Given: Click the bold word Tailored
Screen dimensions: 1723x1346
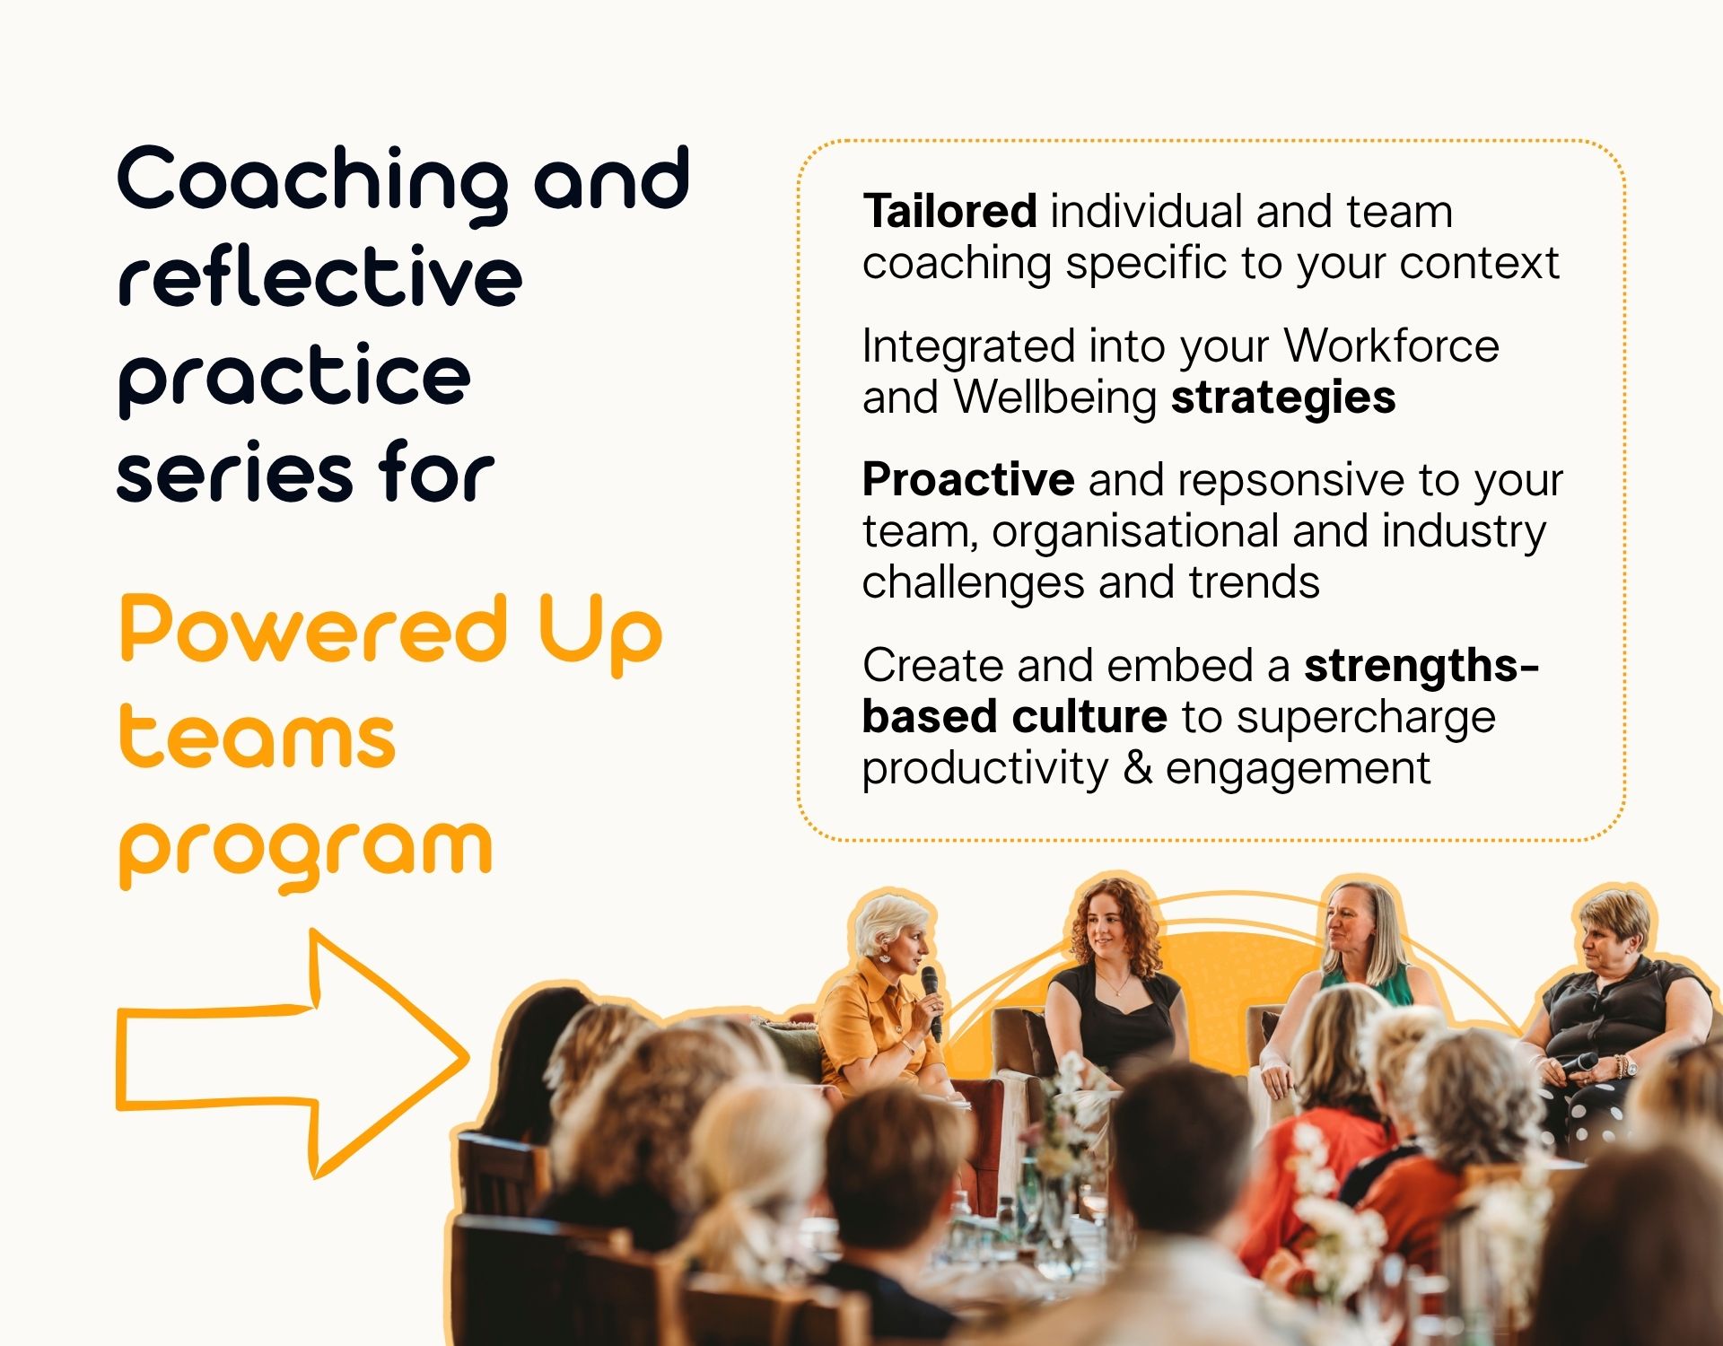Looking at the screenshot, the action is click(x=949, y=212).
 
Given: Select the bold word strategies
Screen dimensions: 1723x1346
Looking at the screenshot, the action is click(x=1283, y=398).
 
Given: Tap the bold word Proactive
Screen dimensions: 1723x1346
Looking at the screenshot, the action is click(x=968, y=479).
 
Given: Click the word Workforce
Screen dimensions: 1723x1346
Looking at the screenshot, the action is click(x=1391, y=345).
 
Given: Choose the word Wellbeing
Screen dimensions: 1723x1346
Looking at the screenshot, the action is click(x=1054, y=398).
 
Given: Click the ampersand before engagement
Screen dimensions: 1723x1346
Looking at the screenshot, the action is click(x=1137, y=768).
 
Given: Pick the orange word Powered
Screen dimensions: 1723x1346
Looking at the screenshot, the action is click(x=313, y=629).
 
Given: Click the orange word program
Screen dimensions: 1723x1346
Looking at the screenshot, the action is click(x=306, y=852).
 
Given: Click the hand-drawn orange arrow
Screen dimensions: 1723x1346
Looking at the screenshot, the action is click(x=293, y=1054).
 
